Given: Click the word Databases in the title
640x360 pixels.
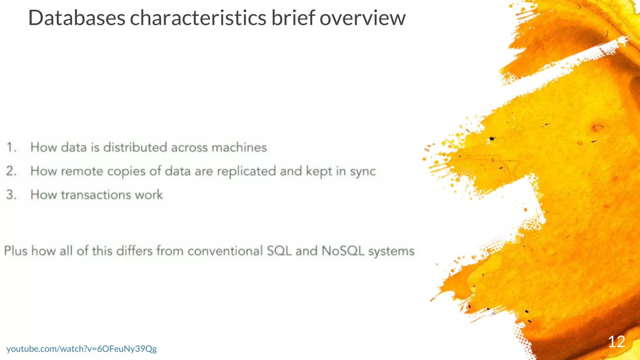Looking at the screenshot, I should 77,18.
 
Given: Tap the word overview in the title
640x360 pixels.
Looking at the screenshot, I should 362,18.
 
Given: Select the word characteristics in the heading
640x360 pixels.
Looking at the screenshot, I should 198,18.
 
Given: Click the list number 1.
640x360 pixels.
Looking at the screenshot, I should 12,147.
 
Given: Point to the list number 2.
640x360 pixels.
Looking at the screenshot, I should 12,171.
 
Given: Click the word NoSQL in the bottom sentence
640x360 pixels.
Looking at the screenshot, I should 343,251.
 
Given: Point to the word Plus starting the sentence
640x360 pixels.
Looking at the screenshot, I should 16,251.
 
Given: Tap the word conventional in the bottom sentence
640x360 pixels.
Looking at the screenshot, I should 225,251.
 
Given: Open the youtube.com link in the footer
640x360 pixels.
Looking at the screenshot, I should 82,349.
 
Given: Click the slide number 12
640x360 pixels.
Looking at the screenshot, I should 616,342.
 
